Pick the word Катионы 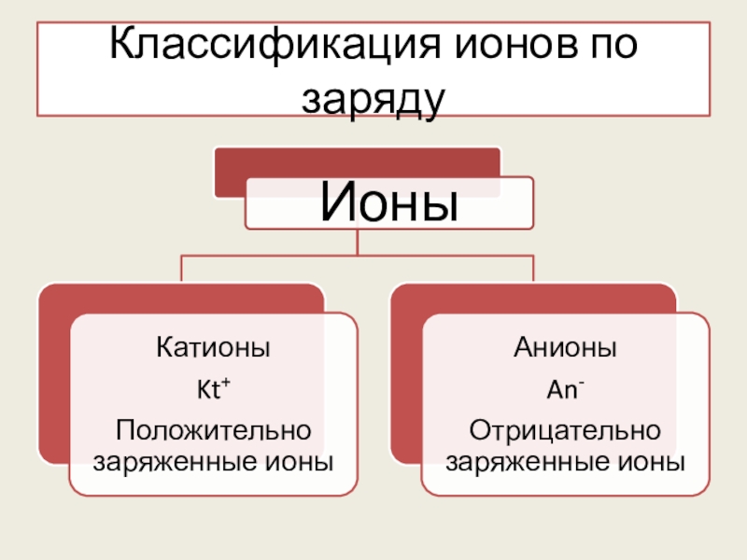[x=212, y=350]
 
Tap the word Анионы [x=565, y=350]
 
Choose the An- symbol [x=565, y=390]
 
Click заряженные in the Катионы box [x=173, y=461]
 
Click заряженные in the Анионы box [x=526, y=461]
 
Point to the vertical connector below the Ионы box [x=358, y=242]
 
